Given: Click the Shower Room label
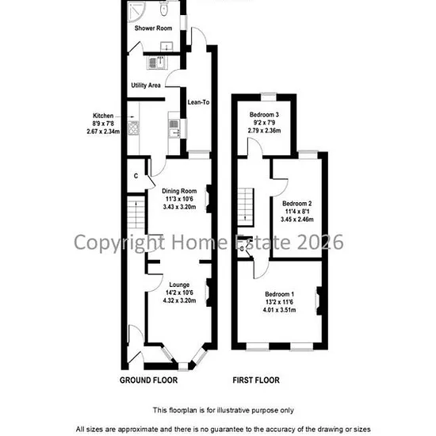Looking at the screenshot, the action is (153, 28).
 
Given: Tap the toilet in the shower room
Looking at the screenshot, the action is (164, 9).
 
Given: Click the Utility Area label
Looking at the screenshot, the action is (146, 85).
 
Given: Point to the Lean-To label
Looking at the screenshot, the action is (198, 102).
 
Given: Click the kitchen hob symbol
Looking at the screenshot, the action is (133, 128).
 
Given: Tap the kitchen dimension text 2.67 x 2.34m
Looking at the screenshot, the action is (103, 132).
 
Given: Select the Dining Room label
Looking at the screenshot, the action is (179, 191).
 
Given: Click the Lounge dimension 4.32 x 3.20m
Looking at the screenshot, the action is (179, 300).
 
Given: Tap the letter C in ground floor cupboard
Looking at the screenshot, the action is (136, 176).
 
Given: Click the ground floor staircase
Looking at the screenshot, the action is (136, 212).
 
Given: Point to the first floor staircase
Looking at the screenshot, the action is (246, 207).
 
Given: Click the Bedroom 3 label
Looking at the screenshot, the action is (264, 115).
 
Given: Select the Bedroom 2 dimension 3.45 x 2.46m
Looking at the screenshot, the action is (297, 220).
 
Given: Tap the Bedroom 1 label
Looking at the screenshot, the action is (280, 294).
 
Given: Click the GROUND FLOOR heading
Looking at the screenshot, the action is (148, 380).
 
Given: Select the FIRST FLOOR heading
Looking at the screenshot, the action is (256, 380).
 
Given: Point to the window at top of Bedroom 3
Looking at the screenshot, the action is (269, 97).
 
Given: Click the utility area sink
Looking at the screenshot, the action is (155, 63).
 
